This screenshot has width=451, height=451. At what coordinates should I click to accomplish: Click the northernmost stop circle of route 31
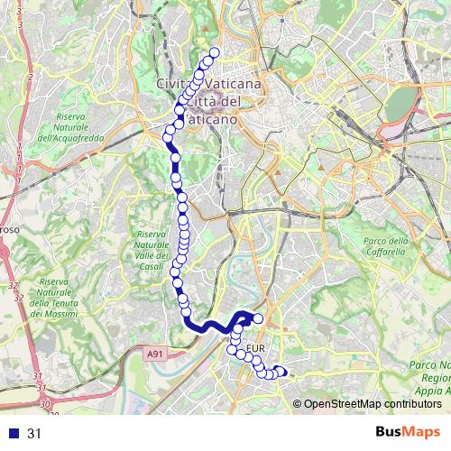coord(215,52)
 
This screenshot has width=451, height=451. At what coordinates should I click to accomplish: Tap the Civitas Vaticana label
coord(209,83)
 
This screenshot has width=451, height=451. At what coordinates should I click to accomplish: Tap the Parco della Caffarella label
coord(387,246)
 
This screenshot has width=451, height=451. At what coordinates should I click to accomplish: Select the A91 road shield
coord(155,356)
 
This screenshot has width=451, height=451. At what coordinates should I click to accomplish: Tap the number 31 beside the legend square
coord(34,434)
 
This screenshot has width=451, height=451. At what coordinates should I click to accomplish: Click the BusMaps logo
coord(408,433)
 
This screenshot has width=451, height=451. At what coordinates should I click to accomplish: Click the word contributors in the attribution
coord(418,405)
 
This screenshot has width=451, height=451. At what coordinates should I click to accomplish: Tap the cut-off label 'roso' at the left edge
coord(9,230)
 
